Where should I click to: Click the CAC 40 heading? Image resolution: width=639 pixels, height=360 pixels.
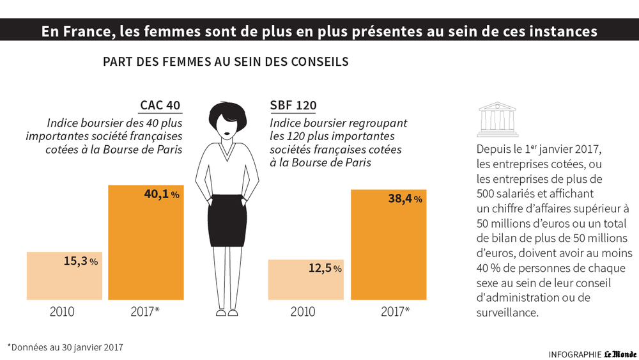click(x=160, y=106)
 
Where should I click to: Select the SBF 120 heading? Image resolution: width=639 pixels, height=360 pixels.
click(x=293, y=106)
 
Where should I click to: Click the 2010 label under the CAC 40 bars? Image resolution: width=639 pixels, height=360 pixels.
click(x=62, y=312)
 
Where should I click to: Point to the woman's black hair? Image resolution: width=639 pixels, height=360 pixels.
click(x=227, y=112)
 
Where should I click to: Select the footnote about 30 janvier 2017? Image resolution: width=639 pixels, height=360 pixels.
click(x=65, y=347)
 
